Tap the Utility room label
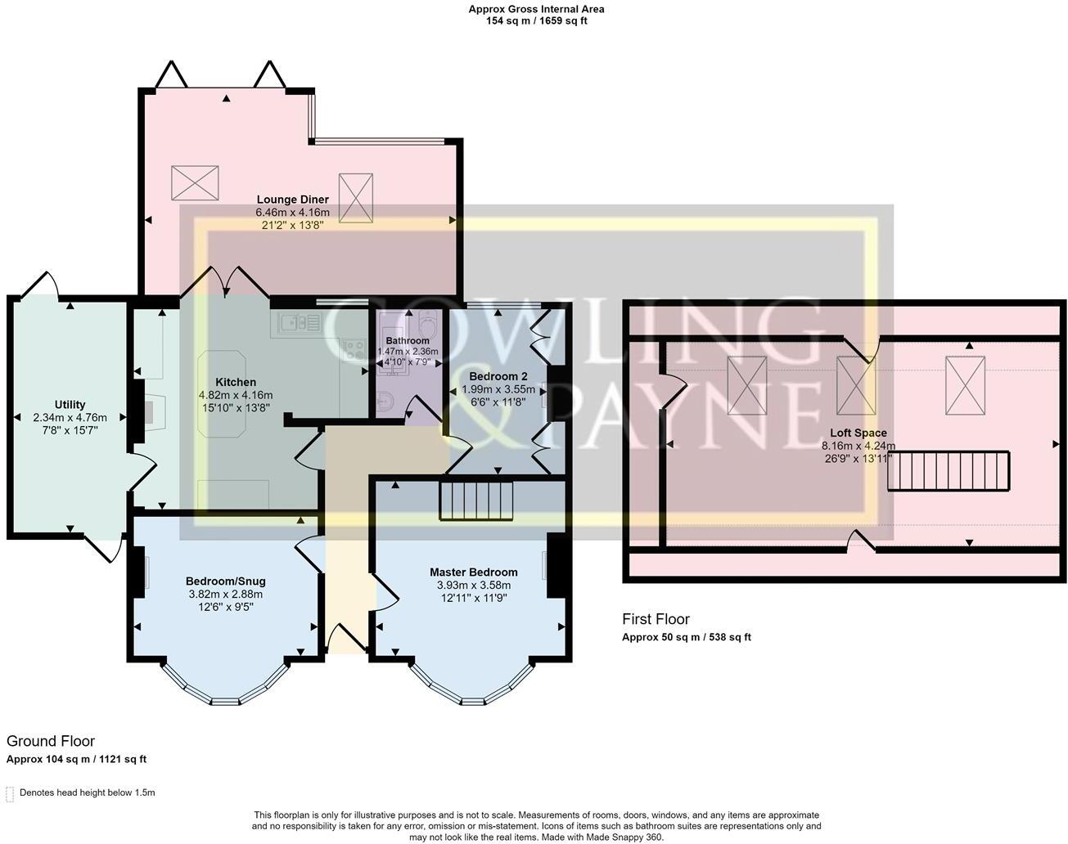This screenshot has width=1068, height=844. [x=70, y=405]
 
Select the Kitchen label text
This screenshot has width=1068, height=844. [x=236, y=382]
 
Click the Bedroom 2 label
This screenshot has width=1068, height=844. [x=498, y=376]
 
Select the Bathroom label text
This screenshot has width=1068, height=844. [x=407, y=341]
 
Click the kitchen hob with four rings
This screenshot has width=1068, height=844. [x=354, y=349]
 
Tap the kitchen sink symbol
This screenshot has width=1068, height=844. [x=299, y=324]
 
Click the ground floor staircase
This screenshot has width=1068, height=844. [x=476, y=501]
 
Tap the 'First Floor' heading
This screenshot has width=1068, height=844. [x=656, y=619]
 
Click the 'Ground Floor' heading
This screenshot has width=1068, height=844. [x=51, y=741]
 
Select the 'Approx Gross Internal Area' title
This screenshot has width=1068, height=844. [x=536, y=10]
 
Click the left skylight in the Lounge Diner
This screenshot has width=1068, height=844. [x=195, y=182]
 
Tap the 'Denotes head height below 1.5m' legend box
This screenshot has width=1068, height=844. [x=11, y=793]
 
